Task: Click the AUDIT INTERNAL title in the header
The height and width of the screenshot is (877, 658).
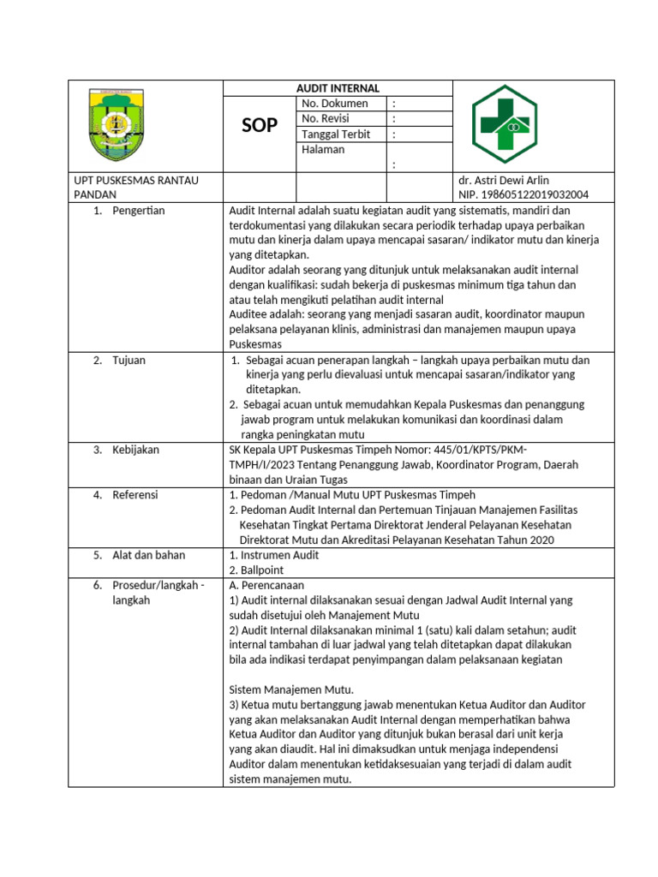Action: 337,88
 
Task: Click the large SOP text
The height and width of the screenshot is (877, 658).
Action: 259,126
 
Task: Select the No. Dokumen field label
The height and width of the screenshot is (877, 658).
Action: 334,104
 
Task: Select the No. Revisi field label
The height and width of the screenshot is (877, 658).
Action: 326,119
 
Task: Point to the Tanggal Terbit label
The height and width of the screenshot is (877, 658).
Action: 336,134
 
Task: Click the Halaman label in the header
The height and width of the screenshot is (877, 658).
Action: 323,150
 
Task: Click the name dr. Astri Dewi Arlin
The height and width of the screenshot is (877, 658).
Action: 505,181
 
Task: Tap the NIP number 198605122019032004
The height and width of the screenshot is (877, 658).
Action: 524,195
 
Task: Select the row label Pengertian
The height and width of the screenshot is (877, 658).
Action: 138,211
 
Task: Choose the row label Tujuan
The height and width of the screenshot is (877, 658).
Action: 129,361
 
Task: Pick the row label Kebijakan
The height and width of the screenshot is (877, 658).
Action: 135,450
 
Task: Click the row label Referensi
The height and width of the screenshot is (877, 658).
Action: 135,495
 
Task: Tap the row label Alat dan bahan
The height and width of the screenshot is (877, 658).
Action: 148,555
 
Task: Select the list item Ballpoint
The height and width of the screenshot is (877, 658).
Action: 262,570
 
